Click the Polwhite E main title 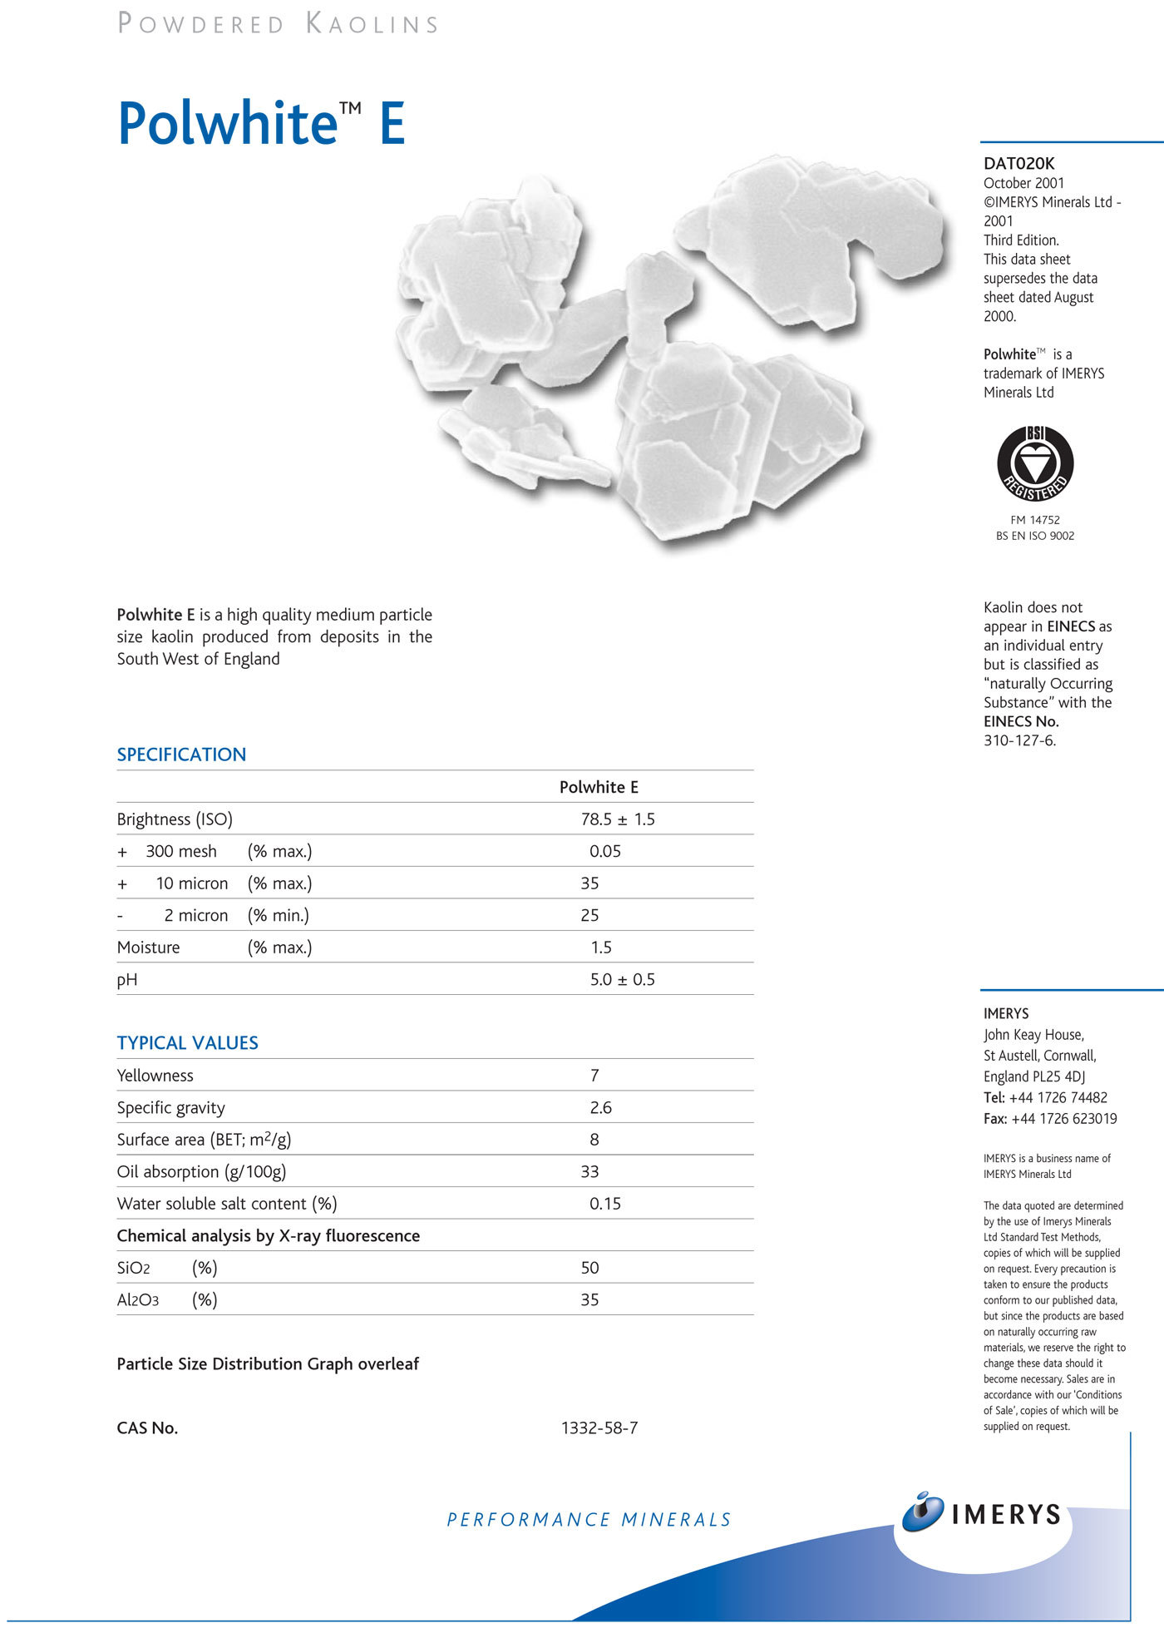click(261, 123)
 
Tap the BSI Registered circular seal click(1035, 463)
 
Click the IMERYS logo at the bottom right click(983, 1513)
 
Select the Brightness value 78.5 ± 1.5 click(618, 819)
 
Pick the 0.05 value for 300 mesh click(605, 851)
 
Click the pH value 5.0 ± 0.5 click(622, 979)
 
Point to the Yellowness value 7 click(594, 1076)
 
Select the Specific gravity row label click(171, 1107)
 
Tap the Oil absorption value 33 click(589, 1171)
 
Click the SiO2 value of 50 click(589, 1268)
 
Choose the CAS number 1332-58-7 click(599, 1428)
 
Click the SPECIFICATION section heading click(181, 755)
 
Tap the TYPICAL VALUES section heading click(187, 1042)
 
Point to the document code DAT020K click(1018, 164)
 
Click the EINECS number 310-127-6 click(1019, 740)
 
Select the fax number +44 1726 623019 click(1064, 1119)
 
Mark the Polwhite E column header click(599, 787)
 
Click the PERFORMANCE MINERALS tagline click(589, 1520)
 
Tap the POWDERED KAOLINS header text click(279, 23)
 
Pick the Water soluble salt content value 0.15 click(605, 1204)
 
